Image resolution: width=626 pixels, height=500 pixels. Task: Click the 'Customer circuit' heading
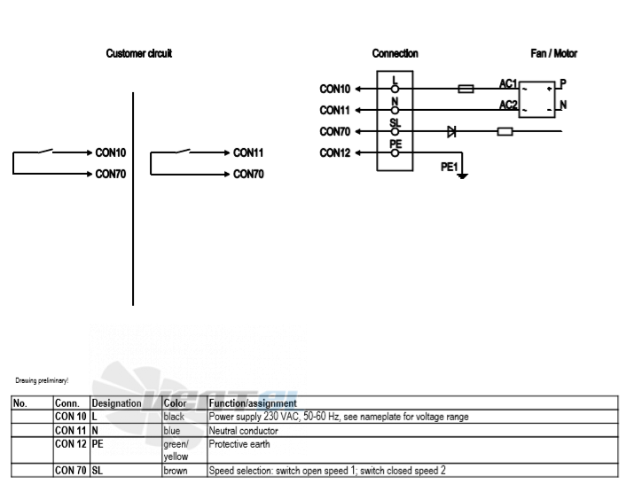[x=139, y=53]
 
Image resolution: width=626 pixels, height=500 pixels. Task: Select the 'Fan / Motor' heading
[x=554, y=53]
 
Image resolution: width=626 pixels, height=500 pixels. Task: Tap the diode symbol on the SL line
[x=451, y=131]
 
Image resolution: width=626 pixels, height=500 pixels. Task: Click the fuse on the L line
[x=466, y=89]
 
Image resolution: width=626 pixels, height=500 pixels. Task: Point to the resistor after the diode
[x=505, y=131]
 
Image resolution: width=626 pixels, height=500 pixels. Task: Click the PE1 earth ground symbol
[x=462, y=176]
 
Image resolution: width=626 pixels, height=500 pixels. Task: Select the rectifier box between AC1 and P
[x=537, y=99]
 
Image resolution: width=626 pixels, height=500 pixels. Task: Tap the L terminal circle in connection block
[x=395, y=89]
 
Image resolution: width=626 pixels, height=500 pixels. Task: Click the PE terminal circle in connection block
[x=395, y=152]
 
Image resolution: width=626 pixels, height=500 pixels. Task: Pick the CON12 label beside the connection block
[x=335, y=152]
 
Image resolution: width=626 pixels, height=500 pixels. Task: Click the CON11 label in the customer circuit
[x=248, y=152]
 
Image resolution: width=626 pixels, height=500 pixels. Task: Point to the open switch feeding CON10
[x=46, y=151]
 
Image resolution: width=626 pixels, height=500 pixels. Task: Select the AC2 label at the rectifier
[x=508, y=105]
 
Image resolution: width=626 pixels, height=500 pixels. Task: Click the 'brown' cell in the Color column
[x=176, y=471]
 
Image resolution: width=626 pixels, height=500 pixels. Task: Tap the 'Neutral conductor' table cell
[x=244, y=431]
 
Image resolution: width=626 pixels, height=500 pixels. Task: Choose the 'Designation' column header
[x=116, y=403]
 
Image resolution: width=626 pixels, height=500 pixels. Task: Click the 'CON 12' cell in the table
[x=71, y=444]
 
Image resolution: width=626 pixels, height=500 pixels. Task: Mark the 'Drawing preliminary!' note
[x=42, y=380]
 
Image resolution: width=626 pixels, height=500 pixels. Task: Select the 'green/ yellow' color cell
[x=176, y=450]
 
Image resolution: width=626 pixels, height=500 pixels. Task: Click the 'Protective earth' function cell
[x=239, y=444]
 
